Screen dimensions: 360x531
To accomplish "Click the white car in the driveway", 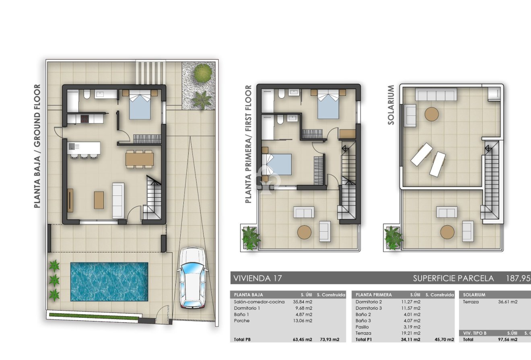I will (x=193, y=278).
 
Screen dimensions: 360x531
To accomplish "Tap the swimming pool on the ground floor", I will (x=109, y=282).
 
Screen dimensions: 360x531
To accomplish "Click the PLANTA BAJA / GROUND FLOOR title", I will (x=37, y=146).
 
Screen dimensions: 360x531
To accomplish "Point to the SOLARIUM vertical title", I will (x=391, y=105).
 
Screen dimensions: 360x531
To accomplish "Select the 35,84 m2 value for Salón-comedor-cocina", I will (x=303, y=302).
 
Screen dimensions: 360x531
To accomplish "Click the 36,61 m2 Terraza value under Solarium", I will (x=507, y=302).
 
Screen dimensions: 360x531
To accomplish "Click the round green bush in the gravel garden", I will (x=203, y=73).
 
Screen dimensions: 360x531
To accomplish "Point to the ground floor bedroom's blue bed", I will (x=140, y=107).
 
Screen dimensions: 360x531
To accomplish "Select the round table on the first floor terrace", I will (x=304, y=232).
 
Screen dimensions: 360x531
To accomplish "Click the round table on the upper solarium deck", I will (x=432, y=114).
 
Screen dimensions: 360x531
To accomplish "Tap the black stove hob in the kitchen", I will (x=85, y=119).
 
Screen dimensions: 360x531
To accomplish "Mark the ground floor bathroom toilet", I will (x=87, y=95).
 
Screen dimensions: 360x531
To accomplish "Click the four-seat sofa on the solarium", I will (x=436, y=95).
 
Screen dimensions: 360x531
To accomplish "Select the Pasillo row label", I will (x=362, y=327).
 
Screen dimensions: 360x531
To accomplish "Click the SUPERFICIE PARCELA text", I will (x=453, y=278).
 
